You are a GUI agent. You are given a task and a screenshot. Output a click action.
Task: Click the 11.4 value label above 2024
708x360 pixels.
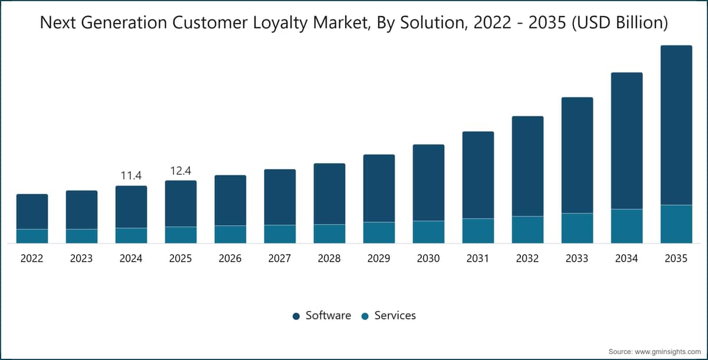tap(131, 175)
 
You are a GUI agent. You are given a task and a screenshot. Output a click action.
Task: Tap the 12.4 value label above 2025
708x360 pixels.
tap(181, 171)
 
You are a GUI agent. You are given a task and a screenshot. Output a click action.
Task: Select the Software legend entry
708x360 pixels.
tap(322, 315)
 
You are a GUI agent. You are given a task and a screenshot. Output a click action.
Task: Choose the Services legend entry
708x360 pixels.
tap(389, 315)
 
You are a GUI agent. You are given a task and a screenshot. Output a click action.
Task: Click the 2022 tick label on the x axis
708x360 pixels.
tap(32, 258)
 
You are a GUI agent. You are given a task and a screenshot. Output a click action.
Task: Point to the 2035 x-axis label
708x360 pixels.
tap(676, 258)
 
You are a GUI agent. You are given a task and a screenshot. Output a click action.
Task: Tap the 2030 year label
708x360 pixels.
tap(428, 258)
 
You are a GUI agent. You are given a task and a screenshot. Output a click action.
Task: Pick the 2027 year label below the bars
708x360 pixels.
tap(280, 258)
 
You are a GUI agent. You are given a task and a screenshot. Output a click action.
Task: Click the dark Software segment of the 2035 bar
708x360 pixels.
tap(676, 125)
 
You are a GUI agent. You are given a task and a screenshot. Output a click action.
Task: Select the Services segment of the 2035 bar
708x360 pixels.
tap(676, 224)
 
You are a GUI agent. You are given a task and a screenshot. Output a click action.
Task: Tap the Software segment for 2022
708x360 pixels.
tap(32, 212)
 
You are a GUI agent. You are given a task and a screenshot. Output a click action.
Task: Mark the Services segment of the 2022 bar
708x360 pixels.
tap(32, 236)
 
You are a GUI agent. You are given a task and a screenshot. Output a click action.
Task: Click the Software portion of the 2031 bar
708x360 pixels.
tap(478, 175)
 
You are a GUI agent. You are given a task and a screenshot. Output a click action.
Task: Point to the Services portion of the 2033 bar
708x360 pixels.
tap(577, 228)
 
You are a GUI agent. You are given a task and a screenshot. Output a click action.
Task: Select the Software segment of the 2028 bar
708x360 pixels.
tap(330, 194)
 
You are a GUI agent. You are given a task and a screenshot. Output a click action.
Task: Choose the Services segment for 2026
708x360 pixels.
tap(231, 234)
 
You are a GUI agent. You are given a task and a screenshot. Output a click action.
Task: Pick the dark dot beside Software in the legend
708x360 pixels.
tap(296, 316)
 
